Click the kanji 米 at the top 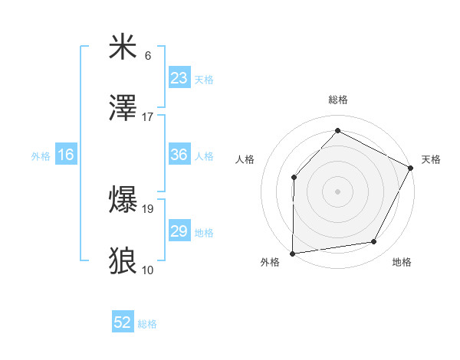pos(123,47)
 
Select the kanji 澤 pos(123,108)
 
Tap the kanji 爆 pos(123,201)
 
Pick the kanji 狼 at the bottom pos(123,260)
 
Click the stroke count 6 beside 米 pos(148,56)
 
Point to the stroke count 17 pos(148,116)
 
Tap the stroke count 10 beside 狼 pos(148,269)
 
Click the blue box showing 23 pos(179,78)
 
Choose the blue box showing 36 pos(179,155)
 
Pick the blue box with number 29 pos(179,231)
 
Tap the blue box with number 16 pos(66,155)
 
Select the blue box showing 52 pos(123,323)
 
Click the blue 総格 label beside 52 pos(147,324)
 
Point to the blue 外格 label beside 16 pos(41,155)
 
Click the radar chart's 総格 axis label pos(337,100)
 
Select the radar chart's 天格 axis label pos(431,159)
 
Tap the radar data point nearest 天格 pos(411,168)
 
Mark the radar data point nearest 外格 pos(292,253)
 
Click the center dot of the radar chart pos(337,191)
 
